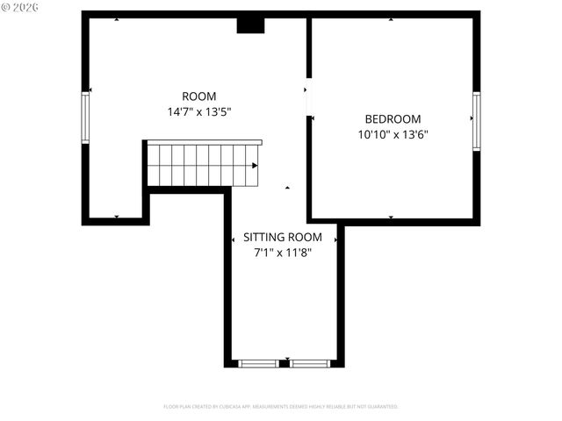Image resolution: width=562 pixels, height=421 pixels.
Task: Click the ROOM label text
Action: [198, 96]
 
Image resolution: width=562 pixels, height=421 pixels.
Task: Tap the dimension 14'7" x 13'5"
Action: [198, 112]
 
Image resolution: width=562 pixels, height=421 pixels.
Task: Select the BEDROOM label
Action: [393, 119]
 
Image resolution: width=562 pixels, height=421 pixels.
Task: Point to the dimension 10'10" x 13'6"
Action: [393, 135]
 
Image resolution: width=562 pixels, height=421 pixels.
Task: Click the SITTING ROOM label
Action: [283, 238]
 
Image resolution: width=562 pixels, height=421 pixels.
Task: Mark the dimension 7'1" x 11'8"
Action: [283, 253]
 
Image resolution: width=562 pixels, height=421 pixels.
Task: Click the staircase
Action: [202, 165]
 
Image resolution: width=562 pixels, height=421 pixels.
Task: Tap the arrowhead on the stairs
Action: [255, 165]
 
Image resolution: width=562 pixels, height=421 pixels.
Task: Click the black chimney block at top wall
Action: [250, 25]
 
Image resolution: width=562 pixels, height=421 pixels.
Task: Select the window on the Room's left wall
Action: [86, 118]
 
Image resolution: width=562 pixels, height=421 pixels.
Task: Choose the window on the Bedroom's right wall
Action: [476, 121]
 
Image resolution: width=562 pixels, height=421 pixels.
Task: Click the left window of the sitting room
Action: [258, 363]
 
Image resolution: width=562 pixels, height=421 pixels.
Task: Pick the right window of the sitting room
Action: [310, 363]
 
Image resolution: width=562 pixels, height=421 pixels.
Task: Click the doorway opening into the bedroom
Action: [308, 98]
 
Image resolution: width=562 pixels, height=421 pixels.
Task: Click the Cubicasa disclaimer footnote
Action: [281, 407]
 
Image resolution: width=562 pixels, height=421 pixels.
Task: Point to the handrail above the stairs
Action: [204, 142]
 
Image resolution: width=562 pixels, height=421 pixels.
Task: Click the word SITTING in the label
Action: [262, 238]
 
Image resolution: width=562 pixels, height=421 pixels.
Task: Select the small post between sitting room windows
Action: [284, 363]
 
